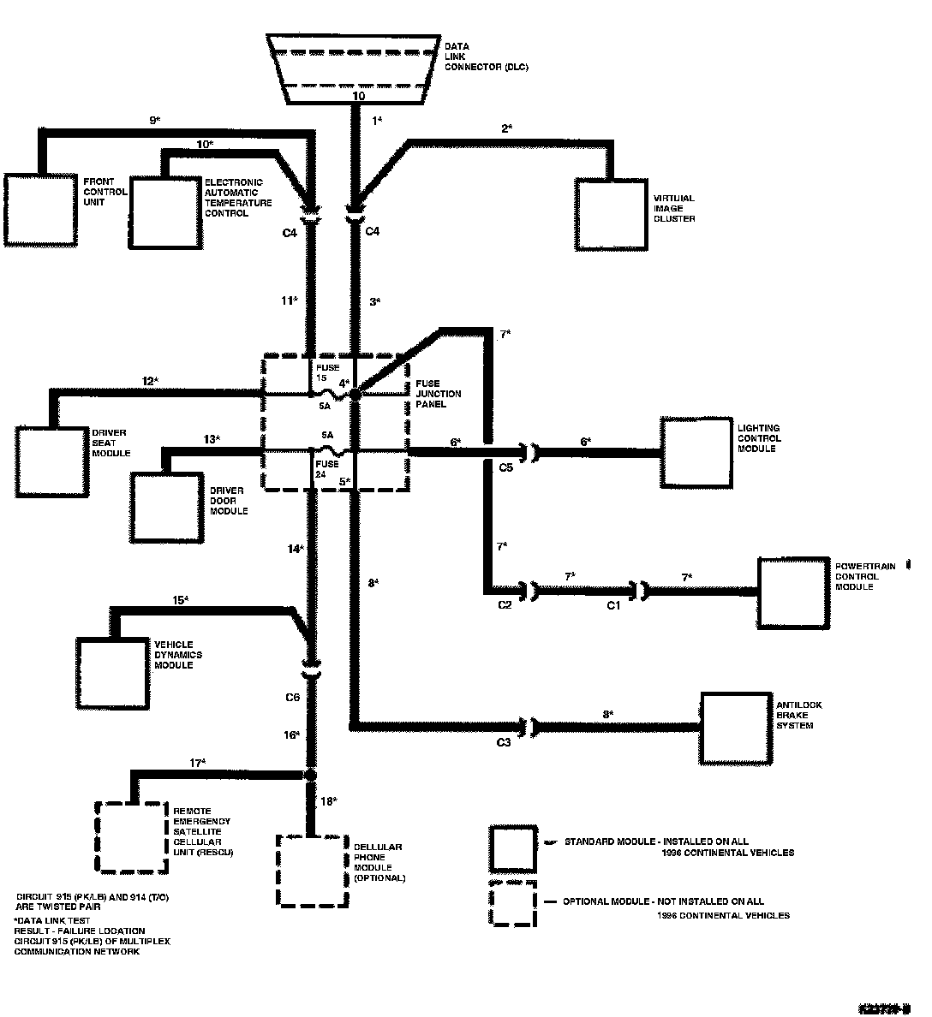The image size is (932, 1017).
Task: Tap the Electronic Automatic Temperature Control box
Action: point(164,212)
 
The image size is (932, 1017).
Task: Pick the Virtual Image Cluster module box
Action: point(610,214)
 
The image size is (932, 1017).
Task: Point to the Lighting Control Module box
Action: point(696,452)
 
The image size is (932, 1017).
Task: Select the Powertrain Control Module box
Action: point(795,593)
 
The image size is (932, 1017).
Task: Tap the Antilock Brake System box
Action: point(736,727)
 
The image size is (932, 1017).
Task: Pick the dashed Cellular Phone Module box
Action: point(309,870)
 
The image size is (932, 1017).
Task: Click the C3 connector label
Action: point(504,742)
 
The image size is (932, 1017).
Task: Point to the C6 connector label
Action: point(292,698)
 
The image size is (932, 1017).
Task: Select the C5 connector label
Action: point(505,468)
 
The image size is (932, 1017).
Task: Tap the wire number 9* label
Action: point(156,121)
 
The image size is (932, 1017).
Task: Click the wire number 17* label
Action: point(199,762)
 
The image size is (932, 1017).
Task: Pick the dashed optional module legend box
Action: point(512,903)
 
